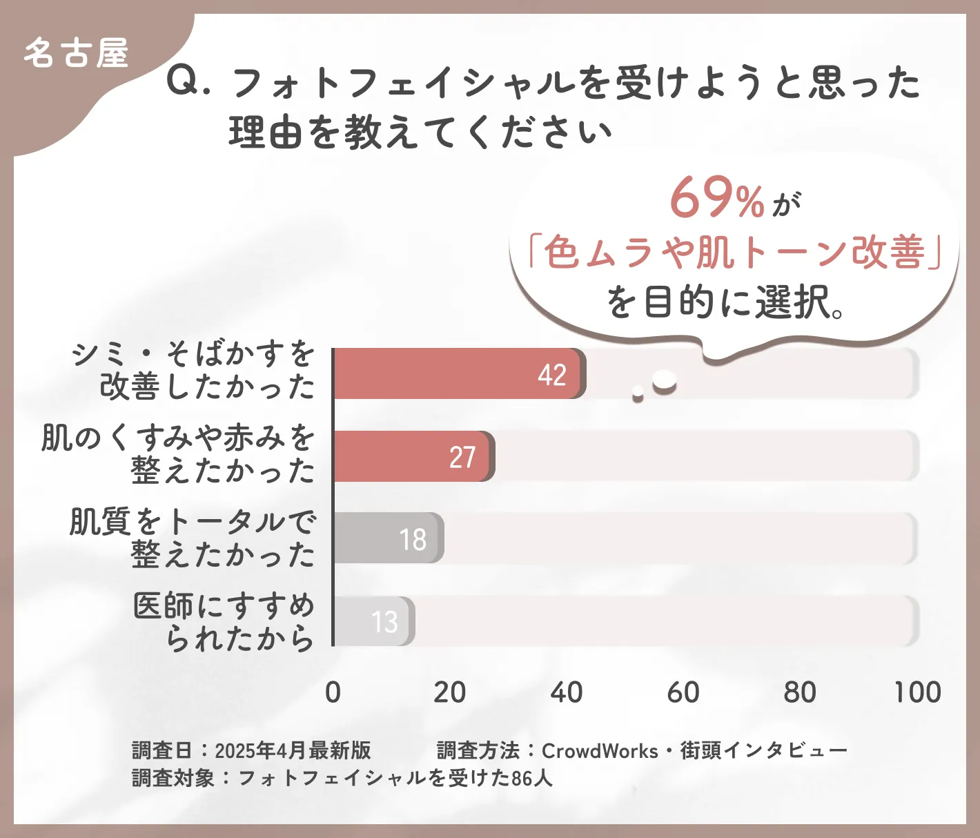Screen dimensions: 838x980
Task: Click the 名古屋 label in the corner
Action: [76, 53]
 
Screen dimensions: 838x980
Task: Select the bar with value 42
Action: [459, 373]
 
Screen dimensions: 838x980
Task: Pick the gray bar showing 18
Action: [388, 538]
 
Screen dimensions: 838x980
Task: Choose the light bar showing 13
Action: [373, 621]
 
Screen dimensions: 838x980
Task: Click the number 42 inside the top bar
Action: [552, 375]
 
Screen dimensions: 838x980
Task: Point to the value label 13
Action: [385, 623]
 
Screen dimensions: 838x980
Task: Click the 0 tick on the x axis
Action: [333, 692]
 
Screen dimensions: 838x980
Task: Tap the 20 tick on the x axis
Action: [449, 692]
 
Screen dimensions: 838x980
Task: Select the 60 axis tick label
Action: [683, 692]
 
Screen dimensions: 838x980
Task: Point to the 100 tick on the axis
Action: [917, 692]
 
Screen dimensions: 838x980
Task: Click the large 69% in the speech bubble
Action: [716, 198]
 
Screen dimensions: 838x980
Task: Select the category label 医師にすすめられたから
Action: [224, 622]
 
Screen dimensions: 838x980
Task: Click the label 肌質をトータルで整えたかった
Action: [193, 538]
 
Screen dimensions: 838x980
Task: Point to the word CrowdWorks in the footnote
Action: [600, 750]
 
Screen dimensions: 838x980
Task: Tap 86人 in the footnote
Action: [532, 778]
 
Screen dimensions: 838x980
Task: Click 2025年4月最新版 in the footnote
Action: [293, 750]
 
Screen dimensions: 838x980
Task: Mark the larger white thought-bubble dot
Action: [665, 380]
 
